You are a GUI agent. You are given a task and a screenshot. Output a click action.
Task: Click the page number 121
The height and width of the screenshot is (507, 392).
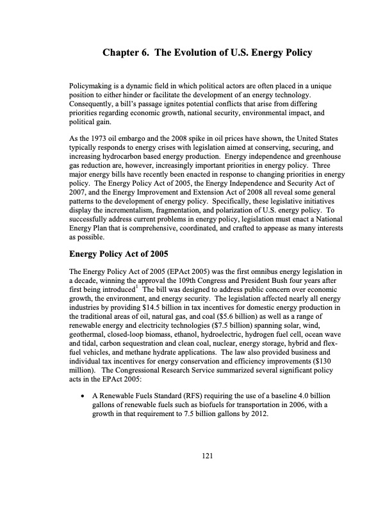coord(206,455)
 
